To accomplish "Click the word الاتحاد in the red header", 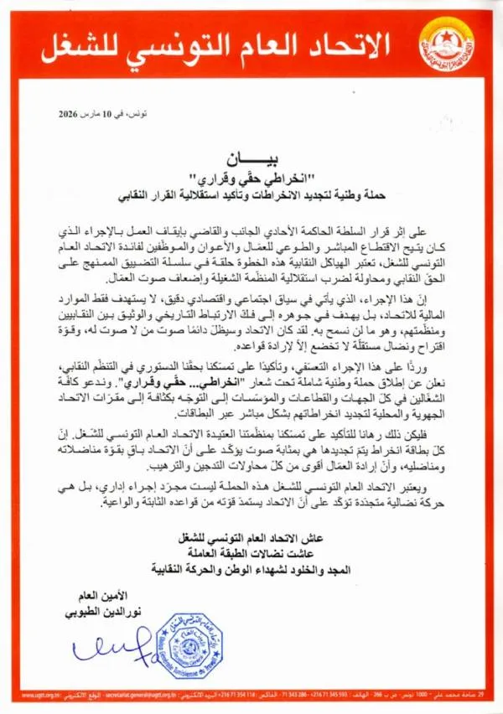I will point(353,40).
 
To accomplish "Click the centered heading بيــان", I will point(251,157).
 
